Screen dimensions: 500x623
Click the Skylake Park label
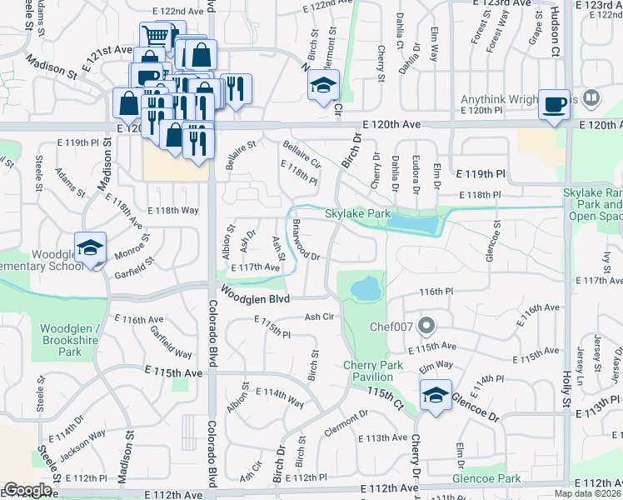[357, 214]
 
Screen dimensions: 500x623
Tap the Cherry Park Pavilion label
[373, 372]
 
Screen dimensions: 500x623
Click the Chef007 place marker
[427, 324]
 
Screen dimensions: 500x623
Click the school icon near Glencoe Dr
[435, 395]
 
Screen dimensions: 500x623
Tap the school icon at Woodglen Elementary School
[90, 247]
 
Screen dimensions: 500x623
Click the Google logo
[27, 490]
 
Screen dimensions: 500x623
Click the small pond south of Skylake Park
[366, 289]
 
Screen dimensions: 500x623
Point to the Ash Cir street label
[319, 317]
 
